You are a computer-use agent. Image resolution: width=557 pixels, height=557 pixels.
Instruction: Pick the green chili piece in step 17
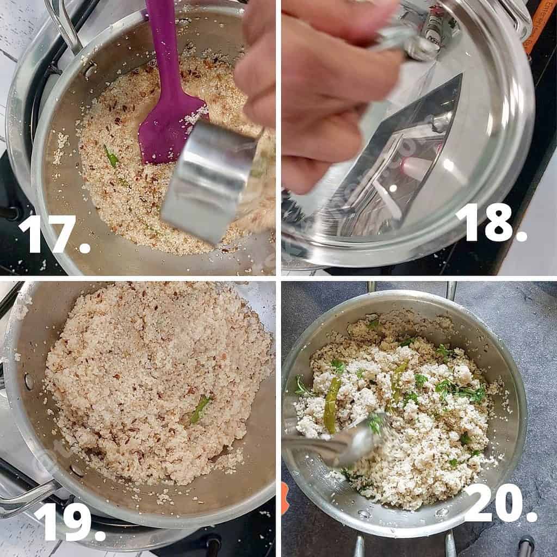(x=112, y=158)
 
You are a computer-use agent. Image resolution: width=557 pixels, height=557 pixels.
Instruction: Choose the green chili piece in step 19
(x=200, y=409)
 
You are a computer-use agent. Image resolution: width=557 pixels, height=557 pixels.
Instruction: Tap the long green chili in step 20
(x=332, y=405)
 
